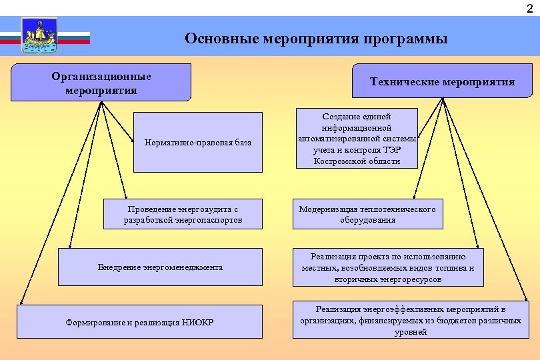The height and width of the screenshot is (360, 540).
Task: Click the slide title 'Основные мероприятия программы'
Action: click(x=316, y=39)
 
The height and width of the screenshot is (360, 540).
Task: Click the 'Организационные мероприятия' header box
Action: click(x=101, y=83)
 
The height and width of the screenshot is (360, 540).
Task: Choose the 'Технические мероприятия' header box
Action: click(x=442, y=81)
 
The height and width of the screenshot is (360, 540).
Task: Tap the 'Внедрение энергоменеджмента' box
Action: click(x=160, y=267)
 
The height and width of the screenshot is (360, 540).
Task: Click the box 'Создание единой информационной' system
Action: click(x=356, y=139)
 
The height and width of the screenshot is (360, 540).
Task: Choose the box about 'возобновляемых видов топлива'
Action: click(x=387, y=267)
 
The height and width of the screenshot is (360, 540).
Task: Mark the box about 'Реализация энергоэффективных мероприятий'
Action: click(x=410, y=320)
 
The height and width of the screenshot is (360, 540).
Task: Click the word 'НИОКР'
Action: click(x=199, y=323)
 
